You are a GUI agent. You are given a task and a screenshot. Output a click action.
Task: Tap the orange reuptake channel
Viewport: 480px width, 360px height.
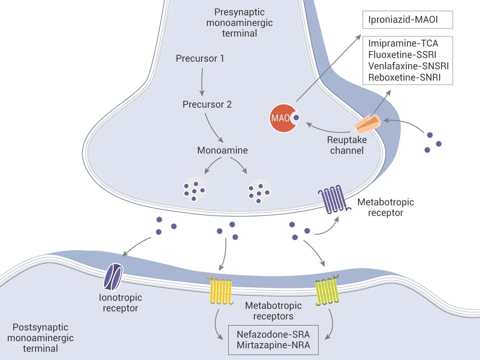tap(367, 124)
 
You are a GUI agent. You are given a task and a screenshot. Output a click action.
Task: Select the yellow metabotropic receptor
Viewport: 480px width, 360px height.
tap(220, 291)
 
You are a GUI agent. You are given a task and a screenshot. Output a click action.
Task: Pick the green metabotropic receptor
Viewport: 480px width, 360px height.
tap(327, 290)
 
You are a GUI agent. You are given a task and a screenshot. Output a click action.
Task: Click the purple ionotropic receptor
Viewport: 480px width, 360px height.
tap(113, 277)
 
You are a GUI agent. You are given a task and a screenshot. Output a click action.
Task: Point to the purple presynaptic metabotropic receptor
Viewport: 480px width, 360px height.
tap(334, 199)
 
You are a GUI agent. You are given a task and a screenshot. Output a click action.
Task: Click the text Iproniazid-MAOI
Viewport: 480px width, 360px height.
tap(403, 19)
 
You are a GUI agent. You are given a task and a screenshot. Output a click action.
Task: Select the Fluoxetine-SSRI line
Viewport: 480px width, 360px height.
tap(402, 55)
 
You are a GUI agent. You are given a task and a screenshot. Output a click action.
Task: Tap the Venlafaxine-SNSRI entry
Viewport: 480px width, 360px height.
tap(408, 66)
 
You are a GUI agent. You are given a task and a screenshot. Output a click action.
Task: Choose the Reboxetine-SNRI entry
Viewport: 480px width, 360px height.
tap(404, 77)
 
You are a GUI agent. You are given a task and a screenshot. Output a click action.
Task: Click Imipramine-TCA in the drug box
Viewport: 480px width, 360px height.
tap(403, 43)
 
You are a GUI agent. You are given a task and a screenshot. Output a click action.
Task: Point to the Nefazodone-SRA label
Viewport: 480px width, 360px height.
tap(273, 334)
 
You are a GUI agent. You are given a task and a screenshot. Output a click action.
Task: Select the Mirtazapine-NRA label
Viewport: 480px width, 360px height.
tap(273, 345)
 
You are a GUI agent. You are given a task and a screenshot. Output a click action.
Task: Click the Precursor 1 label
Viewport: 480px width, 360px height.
tap(200, 58)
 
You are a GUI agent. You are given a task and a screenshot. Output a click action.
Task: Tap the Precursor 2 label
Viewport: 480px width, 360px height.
tap(207, 104)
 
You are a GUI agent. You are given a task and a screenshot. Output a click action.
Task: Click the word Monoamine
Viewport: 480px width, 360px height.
tap(222, 150)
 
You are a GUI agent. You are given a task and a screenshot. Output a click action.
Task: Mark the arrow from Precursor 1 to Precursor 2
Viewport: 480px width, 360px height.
tap(202, 82)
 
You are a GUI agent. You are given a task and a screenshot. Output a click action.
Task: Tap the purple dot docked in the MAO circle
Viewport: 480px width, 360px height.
tap(296, 118)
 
